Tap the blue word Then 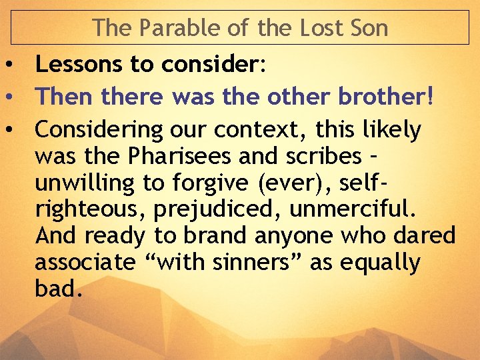coord(64,97)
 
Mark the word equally coord(380,263)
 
